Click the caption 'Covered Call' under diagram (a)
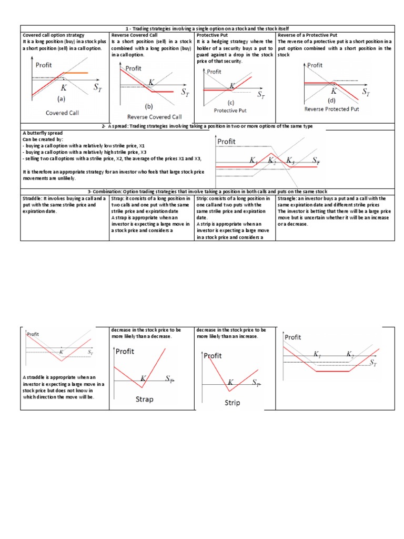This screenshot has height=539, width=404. [62, 113]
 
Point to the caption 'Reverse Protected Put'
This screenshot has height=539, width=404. [331, 109]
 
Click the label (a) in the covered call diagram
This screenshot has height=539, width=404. [61, 98]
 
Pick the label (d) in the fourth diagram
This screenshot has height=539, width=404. [331, 100]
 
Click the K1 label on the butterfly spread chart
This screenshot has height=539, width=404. [255, 161]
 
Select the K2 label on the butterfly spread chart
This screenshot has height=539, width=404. [272, 160]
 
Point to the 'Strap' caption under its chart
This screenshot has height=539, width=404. [145, 400]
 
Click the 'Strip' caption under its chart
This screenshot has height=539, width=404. [232, 403]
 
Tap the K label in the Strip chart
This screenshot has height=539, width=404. [230, 382]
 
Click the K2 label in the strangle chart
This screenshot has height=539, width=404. [350, 355]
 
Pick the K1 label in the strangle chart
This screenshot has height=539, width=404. [317, 355]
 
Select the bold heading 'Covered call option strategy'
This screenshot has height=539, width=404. [53, 35]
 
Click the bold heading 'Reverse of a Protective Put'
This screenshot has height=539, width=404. [307, 35]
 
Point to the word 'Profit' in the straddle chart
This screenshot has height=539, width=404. [33, 334]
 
